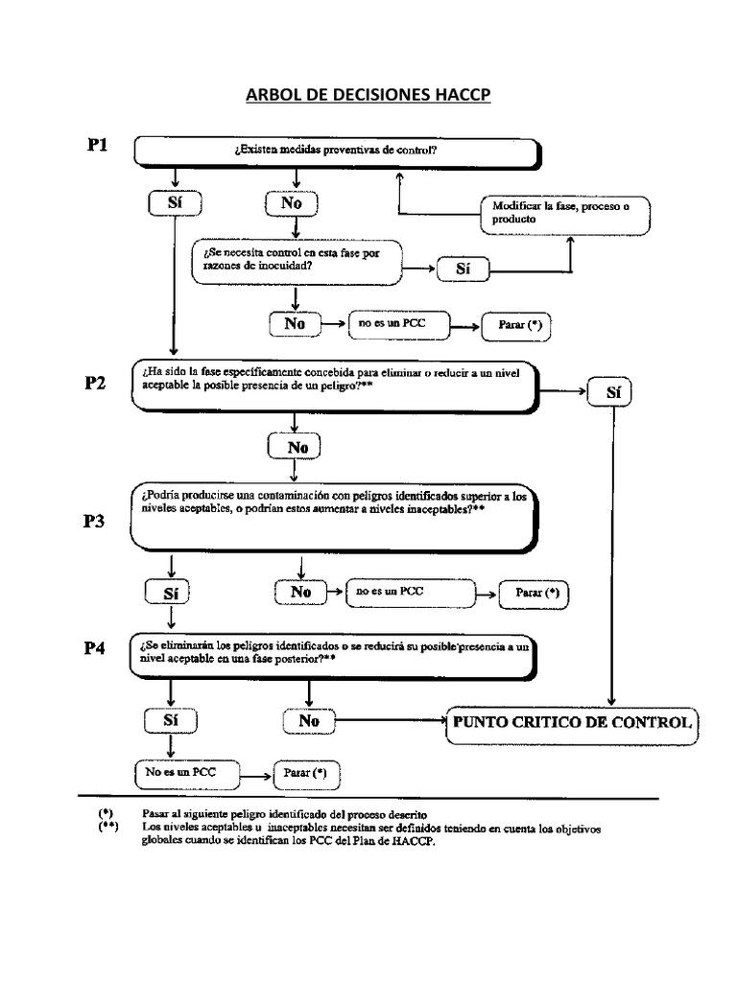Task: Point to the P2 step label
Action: click(99, 384)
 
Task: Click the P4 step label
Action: click(99, 649)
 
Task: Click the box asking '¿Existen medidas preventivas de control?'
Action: click(336, 151)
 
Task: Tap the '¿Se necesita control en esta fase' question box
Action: click(297, 260)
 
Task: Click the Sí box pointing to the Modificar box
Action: click(464, 270)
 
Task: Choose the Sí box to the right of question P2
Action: click(613, 391)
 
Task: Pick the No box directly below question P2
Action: click(295, 446)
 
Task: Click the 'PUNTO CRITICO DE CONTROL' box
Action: click(572, 722)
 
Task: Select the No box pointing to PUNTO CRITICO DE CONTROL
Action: click(308, 720)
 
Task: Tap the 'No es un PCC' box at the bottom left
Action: click(185, 771)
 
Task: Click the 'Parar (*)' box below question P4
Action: click(305, 772)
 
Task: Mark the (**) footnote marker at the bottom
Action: click(107, 827)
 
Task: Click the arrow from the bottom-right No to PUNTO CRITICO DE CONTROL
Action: click(389, 720)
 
